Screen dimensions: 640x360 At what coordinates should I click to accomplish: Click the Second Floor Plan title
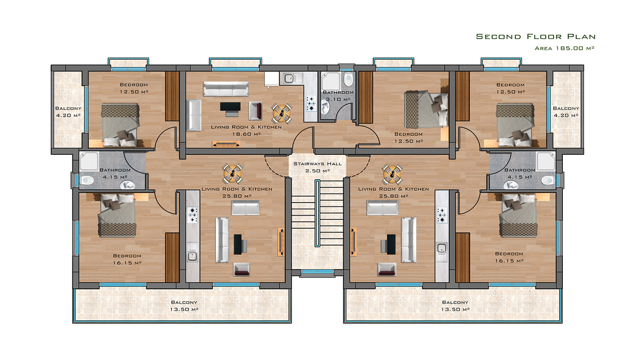[x=536, y=36]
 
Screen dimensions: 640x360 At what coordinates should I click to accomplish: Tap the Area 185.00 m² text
[x=564, y=48]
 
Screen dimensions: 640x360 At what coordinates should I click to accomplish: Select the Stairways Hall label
[x=318, y=164]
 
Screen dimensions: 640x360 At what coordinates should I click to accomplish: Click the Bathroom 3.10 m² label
[x=338, y=96]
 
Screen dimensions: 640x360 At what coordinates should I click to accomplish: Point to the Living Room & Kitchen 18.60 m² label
[x=246, y=130]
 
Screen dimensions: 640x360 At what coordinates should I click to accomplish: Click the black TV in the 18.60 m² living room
[x=230, y=107]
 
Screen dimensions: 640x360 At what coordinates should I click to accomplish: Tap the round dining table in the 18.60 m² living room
[x=282, y=114]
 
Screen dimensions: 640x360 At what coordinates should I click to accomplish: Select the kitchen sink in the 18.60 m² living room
[x=290, y=78]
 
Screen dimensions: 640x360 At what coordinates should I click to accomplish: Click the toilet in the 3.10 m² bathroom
[x=348, y=80]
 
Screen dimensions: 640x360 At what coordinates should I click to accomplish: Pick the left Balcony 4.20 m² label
[x=68, y=112]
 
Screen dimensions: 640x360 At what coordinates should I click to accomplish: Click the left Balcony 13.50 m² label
[x=184, y=306]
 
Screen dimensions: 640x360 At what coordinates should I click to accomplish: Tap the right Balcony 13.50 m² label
[x=455, y=306]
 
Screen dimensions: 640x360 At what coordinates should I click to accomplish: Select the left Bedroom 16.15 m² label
[x=127, y=259]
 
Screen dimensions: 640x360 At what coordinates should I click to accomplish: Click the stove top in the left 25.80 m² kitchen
[x=192, y=215]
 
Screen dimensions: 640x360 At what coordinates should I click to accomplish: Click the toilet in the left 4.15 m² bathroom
[x=87, y=180]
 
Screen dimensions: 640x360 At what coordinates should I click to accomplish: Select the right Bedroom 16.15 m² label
[x=509, y=257]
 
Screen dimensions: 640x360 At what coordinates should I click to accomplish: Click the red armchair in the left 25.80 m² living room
[x=242, y=270]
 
